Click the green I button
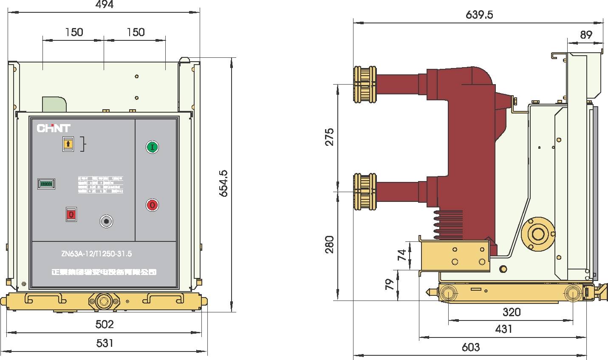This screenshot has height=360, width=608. tap(152, 147)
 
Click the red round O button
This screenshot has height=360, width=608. tap(152, 205)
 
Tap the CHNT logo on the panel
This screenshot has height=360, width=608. tap(54, 128)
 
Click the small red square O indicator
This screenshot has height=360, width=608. tap(71, 214)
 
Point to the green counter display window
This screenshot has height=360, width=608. tap(46, 184)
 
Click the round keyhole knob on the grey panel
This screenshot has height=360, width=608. tap(106, 221)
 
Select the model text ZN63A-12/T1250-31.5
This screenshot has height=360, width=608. tap(96, 254)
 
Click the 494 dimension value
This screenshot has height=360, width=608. tap(105, 5)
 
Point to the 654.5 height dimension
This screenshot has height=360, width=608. tap(224, 184)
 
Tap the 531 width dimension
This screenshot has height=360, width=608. tap(105, 343)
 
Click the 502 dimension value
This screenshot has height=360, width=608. tap(105, 324)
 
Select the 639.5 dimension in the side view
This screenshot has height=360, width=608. tap(479, 15)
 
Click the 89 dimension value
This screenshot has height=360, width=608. tap(586, 35)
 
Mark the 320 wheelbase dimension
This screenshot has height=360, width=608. tap(512, 312)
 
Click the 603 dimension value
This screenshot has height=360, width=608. tap(471, 347)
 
